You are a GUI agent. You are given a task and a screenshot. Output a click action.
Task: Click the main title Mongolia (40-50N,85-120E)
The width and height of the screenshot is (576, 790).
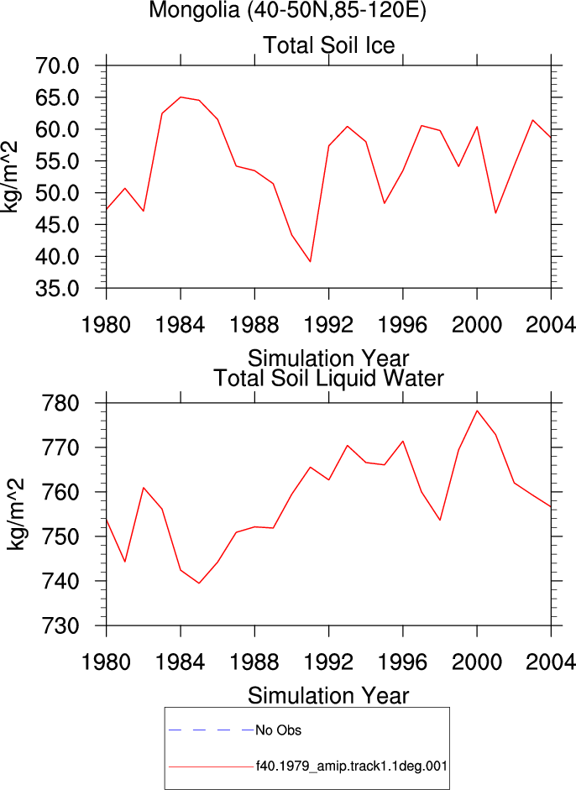pyautogui.click(x=288, y=10)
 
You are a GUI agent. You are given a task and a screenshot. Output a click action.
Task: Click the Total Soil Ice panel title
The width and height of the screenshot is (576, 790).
pyautogui.click(x=329, y=45)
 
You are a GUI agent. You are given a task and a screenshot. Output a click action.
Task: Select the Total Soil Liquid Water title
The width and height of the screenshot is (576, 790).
pyautogui.click(x=329, y=379)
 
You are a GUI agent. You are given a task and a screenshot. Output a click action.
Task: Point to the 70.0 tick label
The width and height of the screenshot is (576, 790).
pyautogui.click(x=57, y=66)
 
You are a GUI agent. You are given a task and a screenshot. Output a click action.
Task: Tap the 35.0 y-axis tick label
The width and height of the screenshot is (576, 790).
pyautogui.click(x=57, y=289)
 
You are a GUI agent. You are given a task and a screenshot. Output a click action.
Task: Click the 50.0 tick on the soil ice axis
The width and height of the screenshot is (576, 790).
pyautogui.click(x=57, y=193)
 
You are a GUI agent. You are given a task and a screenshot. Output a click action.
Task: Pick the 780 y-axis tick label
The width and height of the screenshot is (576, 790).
pyautogui.click(x=60, y=404)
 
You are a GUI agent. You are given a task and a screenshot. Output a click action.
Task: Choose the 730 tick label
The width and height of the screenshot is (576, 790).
pyautogui.click(x=60, y=625)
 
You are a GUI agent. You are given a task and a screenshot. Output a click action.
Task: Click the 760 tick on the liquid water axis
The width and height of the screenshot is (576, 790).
pyautogui.click(x=60, y=492)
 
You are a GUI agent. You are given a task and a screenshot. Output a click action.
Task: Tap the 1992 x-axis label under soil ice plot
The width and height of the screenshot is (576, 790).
pyautogui.click(x=328, y=325)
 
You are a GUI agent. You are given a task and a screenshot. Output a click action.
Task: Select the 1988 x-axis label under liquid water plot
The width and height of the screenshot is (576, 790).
pyautogui.click(x=254, y=662)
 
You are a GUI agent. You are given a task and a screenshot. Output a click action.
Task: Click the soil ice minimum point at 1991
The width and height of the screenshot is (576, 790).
pyautogui.click(x=311, y=261)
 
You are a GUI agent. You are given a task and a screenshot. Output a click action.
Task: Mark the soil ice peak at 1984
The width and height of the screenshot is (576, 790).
pyautogui.click(x=181, y=97)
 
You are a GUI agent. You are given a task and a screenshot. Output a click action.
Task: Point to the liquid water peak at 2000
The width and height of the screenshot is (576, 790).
pyautogui.click(x=477, y=411)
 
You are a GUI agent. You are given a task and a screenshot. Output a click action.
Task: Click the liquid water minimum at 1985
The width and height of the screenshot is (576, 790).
pyautogui.click(x=199, y=583)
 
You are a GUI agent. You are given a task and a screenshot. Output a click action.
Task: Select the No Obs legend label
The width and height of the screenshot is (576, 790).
pyautogui.click(x=278, y=730)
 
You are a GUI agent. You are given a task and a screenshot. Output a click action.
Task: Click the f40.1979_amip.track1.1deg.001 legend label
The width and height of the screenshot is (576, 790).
pyautogui.click(x=352, y=766)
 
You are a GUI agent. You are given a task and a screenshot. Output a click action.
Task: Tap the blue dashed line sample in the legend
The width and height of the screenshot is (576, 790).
pyautogui.click(x=212, y=730)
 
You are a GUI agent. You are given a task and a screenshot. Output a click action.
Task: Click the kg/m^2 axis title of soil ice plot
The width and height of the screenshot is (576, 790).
pyautogui.click(x=10, y=177)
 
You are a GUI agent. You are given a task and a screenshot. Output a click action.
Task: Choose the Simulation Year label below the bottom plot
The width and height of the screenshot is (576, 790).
pyautogui.click(x=328, y=696)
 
